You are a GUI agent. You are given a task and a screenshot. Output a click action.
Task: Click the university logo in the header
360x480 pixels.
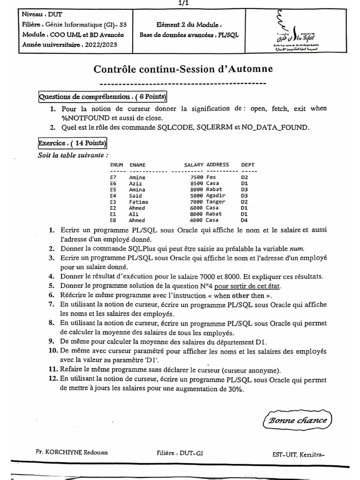pos(294,29)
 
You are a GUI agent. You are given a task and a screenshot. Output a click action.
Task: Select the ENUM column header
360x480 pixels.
pos(116,165)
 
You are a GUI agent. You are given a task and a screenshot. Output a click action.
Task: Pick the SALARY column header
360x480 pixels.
pos(194,165)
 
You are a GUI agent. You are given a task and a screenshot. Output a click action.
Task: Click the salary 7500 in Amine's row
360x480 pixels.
pos(196,178)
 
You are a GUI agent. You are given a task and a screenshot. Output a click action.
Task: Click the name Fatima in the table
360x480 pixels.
pos(138,202)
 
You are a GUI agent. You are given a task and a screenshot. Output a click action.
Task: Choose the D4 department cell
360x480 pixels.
pos(244,220)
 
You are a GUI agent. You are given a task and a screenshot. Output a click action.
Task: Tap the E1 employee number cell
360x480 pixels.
pos(113,214)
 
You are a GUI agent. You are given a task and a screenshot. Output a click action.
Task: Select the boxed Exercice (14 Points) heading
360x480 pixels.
pos(73,143)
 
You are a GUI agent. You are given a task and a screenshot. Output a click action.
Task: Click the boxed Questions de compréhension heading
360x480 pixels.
pos(103,97)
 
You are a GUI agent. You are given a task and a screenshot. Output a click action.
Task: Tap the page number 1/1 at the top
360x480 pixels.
pos(180,3)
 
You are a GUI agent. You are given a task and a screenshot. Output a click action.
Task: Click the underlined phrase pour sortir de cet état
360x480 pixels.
pos(249,285)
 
